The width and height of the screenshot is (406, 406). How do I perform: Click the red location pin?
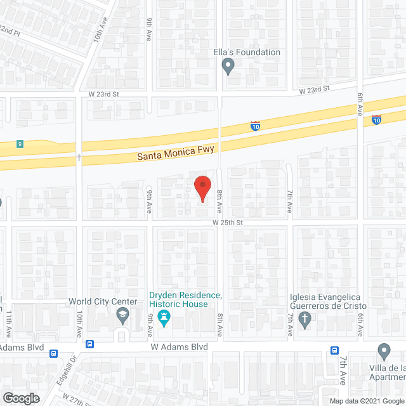[202, 188]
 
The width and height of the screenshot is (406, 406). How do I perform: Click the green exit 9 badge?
[21, 143]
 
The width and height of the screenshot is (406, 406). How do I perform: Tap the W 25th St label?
[228, 223]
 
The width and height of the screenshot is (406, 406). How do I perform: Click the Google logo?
[20, 398]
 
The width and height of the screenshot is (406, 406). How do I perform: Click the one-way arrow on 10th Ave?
[79, 156]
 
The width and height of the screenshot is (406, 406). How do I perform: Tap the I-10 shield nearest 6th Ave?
[376, 119]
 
